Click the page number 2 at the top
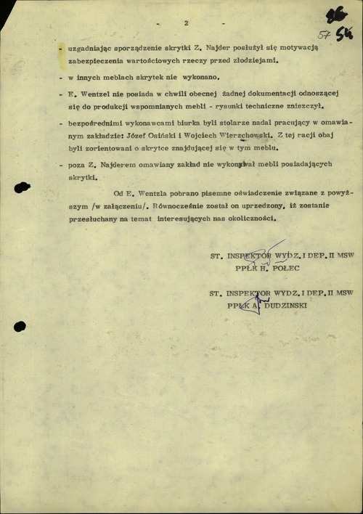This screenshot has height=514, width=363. tap(186, 23)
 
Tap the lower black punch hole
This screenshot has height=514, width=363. tap(20, 327)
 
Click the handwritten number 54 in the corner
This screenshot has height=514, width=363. tap(344, 35)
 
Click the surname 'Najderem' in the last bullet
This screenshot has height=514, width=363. tap(120, 165)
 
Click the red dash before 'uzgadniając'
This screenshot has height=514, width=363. tap(60, 48)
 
